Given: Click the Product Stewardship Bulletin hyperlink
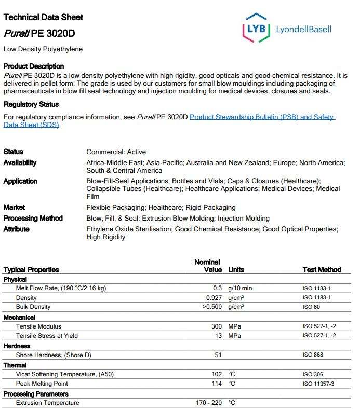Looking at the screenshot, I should coord(261,117).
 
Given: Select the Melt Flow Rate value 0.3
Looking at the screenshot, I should coord(218,288).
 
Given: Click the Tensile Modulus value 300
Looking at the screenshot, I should coord(216,326).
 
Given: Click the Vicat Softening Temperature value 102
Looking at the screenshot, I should coord(216,374).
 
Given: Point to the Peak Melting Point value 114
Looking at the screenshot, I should coord(216,384).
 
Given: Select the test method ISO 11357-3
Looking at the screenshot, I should coord(318,384).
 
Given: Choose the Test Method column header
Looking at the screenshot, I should coord(322,270).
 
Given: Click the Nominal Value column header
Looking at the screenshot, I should coord(208,266).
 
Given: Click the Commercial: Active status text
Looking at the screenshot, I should coord(116,152).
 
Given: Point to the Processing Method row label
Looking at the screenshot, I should coord(33,218).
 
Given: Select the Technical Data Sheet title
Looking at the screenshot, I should coord(43,17).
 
